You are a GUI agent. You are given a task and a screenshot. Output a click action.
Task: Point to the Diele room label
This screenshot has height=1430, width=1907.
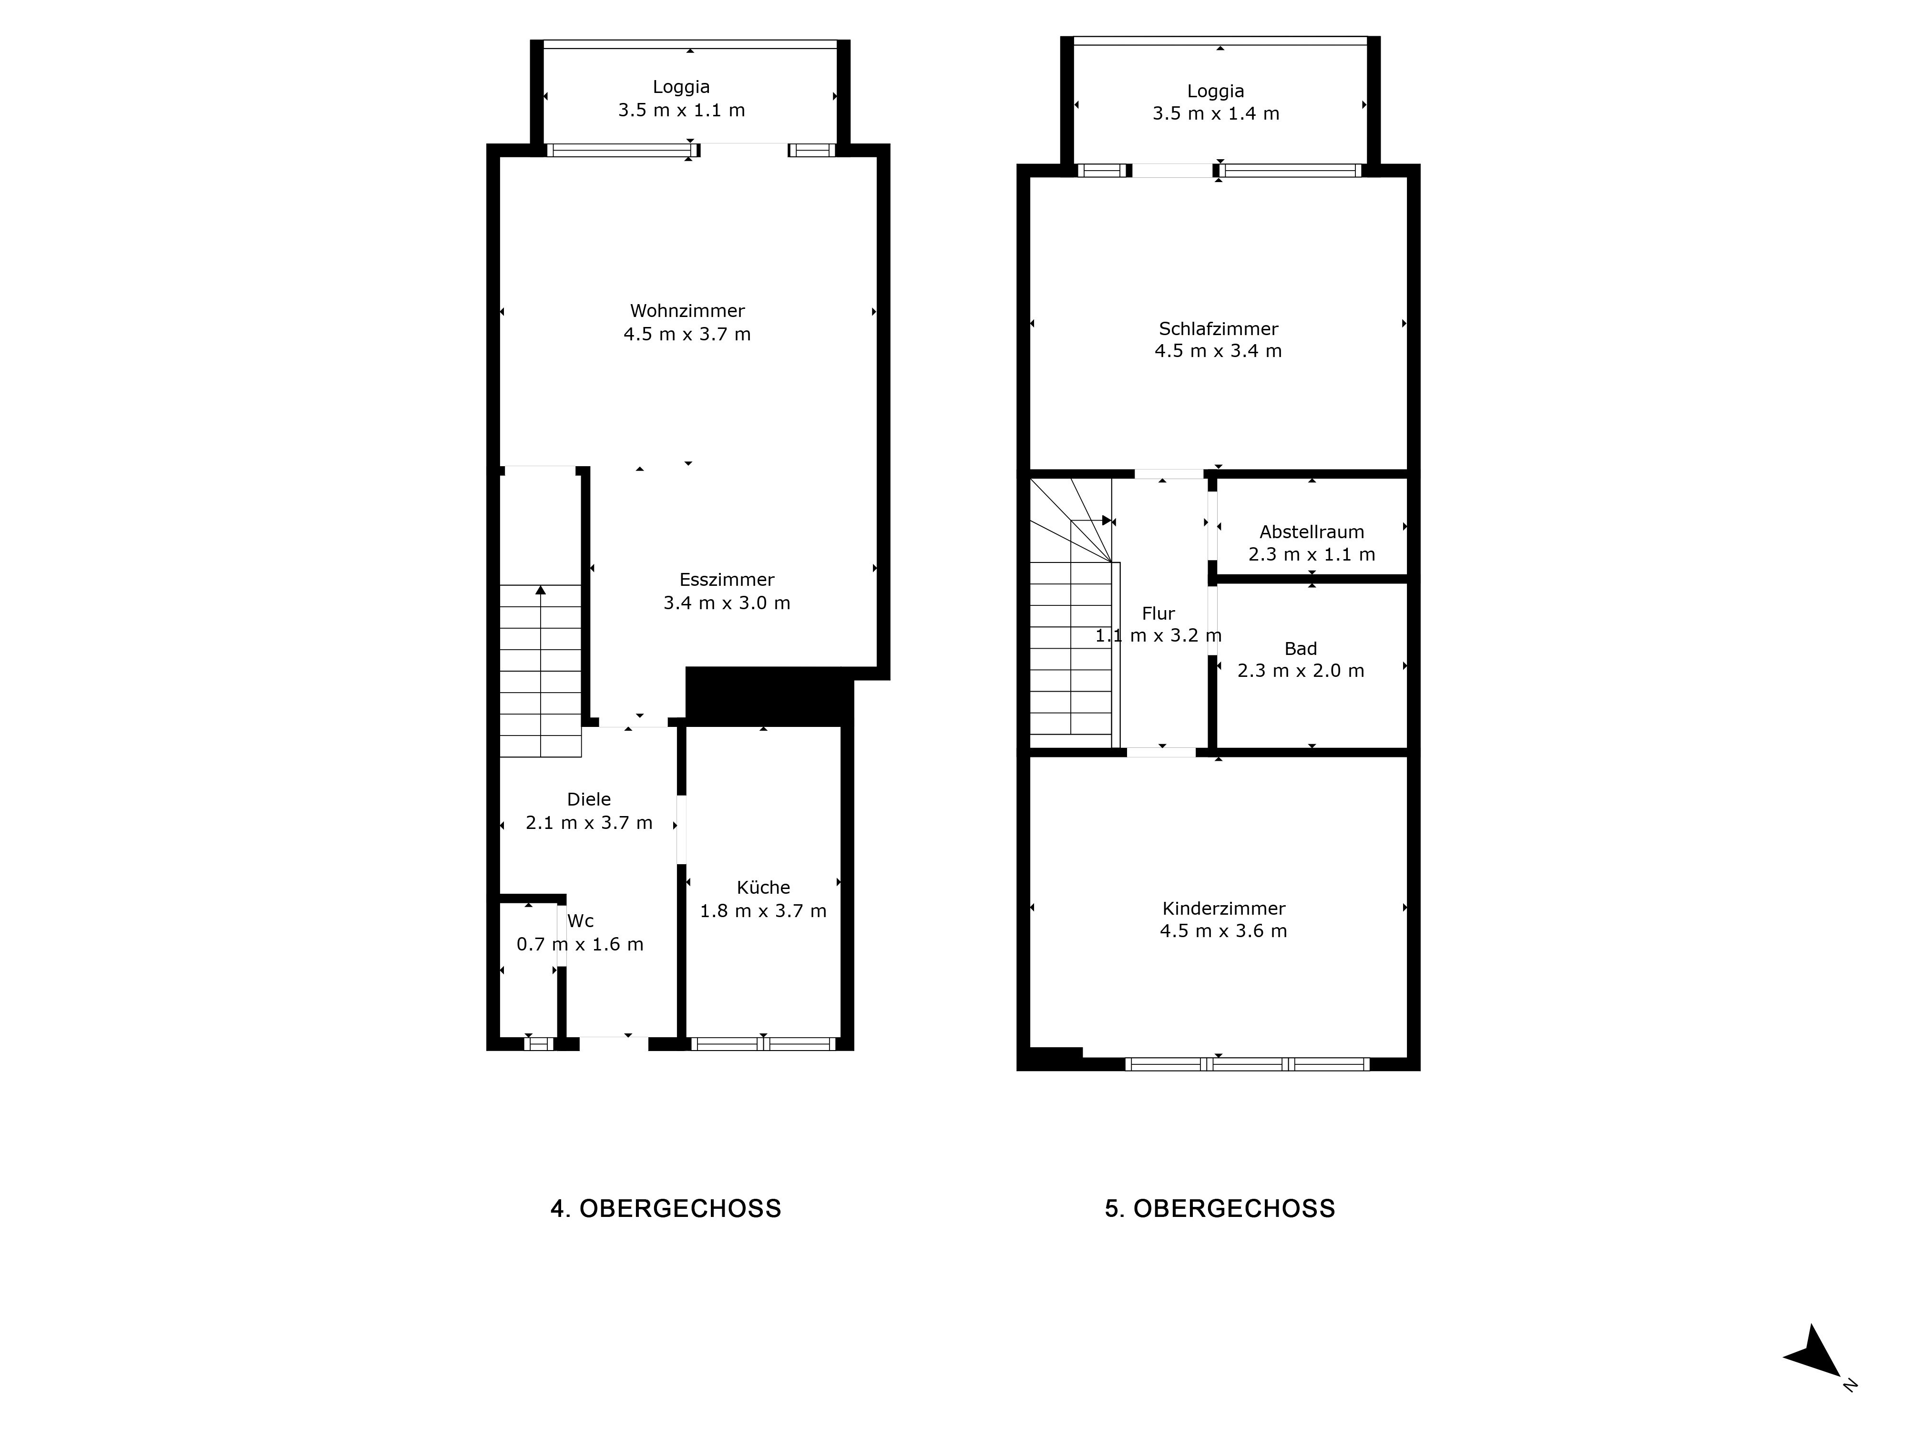coord(589,799)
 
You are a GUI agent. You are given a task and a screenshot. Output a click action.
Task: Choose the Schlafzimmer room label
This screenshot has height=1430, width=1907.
coord(1218,328)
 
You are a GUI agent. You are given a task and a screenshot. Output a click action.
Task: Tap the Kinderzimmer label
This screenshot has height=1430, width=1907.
coord(1223,909)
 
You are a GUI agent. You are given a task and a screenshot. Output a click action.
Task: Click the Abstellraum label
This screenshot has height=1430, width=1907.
coord(1311,532)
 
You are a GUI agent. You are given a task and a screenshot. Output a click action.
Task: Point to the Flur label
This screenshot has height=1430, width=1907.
coord(1158,614)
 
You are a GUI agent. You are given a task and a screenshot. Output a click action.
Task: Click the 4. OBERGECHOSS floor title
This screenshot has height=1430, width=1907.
coord(666,1208)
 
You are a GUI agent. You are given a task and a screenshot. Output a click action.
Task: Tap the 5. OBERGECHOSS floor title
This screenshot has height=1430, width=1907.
coord(1220,1208)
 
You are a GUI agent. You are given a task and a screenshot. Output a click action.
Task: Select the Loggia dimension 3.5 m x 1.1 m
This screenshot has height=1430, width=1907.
coord(681,110)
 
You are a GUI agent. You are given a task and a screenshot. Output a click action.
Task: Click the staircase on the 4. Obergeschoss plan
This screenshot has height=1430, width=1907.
coord(541,671)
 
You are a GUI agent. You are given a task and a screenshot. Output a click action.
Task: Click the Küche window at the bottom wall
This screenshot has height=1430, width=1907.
coord(763,1044)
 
